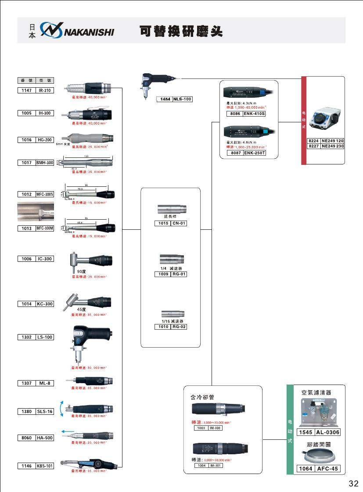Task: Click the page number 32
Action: pos(353,483)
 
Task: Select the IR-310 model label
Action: pos(45,90)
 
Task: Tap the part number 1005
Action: pos(26,113)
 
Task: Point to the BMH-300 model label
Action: pos(45,163)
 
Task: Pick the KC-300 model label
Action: pos(45,304)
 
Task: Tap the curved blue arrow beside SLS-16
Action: pos(62,408)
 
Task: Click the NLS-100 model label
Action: pos(182,100)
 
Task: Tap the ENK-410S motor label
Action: pos(254,114)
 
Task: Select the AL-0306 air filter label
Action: pos(327,432)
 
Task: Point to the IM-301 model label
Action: pos(216,465)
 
